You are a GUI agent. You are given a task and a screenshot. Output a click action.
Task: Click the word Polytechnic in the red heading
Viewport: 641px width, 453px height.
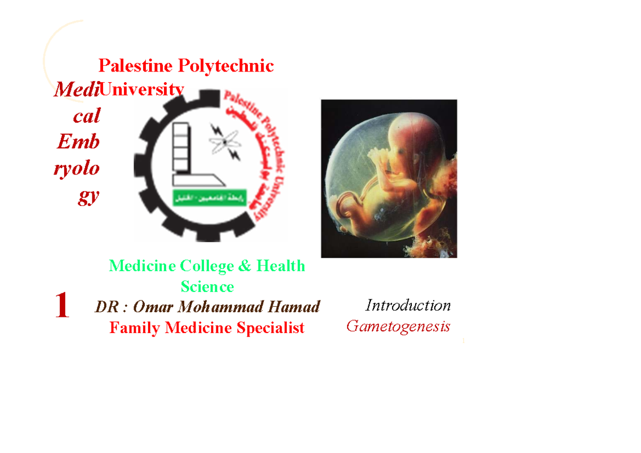point(225,66)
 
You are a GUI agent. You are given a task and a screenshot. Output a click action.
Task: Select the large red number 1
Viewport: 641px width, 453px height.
point(62,306)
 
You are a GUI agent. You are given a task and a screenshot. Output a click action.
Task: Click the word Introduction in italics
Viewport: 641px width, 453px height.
point(408,305)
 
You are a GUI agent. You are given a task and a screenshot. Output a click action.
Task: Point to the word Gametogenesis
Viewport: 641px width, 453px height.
point(398,326)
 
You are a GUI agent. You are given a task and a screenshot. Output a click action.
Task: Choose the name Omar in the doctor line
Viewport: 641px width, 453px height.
point(153,307)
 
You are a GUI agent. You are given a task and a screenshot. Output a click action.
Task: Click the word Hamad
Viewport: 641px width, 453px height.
point(298,307)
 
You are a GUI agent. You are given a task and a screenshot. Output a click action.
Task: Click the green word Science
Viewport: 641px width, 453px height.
point(207,287)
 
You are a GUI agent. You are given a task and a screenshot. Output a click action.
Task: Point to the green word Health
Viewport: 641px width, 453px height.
point(281,266)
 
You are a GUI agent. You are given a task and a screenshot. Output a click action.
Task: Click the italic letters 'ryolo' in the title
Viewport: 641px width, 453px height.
point(76,169)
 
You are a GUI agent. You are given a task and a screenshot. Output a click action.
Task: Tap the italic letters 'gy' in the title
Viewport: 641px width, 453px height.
point(88,196)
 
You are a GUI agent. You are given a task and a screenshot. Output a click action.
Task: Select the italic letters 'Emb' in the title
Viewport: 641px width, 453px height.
point(78,142)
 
